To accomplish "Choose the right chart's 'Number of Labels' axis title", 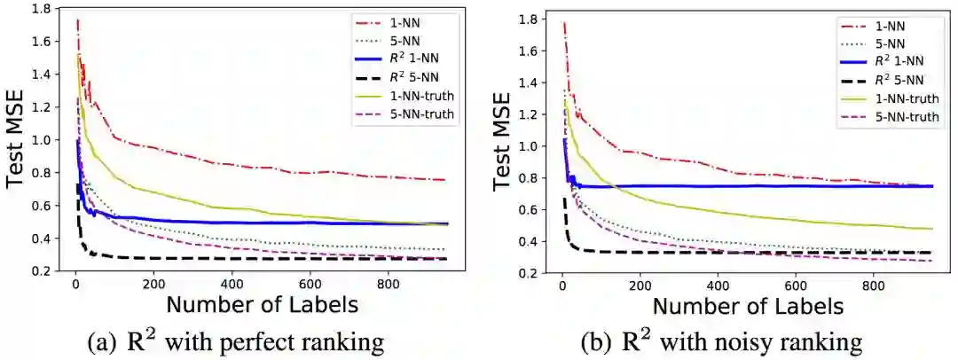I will [748, 307].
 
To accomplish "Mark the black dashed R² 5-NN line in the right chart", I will [710, 253].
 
